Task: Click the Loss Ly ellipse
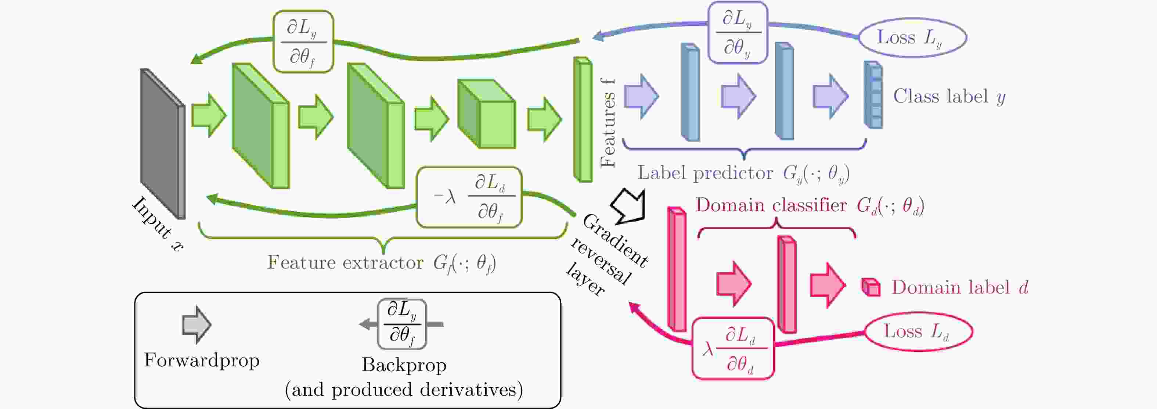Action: pos(912,38)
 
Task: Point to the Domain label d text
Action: pos(959,288)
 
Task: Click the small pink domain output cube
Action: pos(871,287)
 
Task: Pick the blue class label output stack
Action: pos(873,95)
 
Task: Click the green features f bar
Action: pos(583,119)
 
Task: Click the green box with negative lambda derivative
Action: pos(469,197)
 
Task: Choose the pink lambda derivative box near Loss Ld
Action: pos(733,349)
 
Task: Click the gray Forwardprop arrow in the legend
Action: pos(196,324)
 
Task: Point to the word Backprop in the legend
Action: pos(404,365)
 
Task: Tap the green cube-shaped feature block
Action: pos(486,114)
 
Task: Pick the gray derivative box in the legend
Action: pos(401,324)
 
